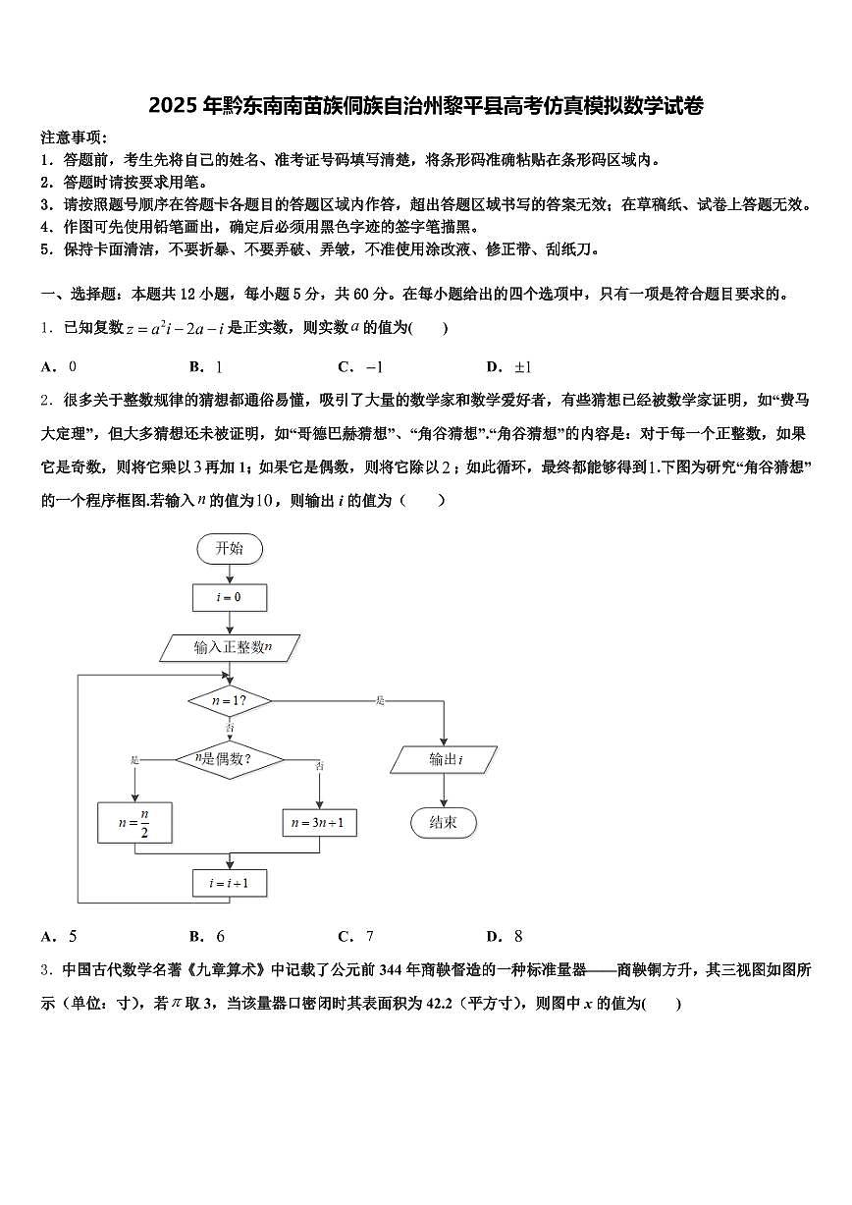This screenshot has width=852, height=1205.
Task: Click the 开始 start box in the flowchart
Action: point(230,548)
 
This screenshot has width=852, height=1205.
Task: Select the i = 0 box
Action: point(230,596)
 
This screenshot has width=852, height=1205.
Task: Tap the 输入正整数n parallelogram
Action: point(231,646)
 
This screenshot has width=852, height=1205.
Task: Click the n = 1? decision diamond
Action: point(230,701)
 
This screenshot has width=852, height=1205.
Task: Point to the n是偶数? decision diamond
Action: point(229,759)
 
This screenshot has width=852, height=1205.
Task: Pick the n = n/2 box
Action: point(134,822)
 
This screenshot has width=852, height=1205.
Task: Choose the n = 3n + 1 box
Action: point(321,822)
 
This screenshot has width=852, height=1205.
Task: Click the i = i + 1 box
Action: point(230,883)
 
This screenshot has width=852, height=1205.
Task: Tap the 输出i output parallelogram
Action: point(445,759)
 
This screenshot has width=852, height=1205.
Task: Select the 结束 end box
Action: point(444,822)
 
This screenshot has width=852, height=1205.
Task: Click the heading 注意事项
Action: point(73,137)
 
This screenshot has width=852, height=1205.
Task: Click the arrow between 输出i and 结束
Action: point(444,791)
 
